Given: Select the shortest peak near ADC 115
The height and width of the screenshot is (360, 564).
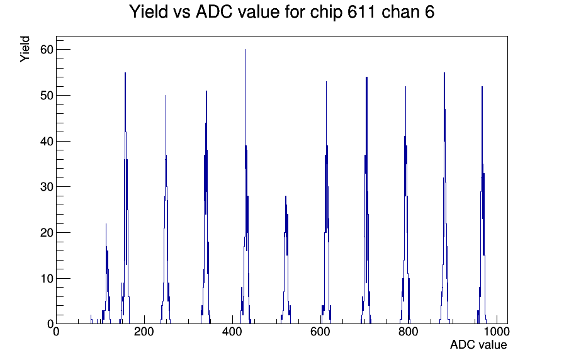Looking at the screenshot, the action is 106,273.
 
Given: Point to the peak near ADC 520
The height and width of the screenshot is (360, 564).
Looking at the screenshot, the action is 286,259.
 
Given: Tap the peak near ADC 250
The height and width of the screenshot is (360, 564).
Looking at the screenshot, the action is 166,208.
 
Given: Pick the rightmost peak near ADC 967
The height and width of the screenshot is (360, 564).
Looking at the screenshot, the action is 482,205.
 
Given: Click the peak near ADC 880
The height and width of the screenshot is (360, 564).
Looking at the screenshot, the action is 444,198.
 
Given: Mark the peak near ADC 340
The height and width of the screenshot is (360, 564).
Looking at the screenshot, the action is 206,207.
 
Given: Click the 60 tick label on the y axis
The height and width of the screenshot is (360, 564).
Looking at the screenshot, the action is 47,50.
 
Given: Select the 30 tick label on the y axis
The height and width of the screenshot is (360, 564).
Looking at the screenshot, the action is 47,187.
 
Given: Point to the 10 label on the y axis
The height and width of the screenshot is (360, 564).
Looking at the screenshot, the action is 47,279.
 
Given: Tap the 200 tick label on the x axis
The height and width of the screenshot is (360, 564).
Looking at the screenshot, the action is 144,332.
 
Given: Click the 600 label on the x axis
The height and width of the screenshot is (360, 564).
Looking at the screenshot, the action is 320,332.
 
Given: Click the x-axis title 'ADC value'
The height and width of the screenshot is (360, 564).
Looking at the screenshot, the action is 478,345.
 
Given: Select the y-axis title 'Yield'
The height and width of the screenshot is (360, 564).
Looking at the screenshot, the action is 25,49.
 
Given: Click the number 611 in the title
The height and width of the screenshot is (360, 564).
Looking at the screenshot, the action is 361,12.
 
